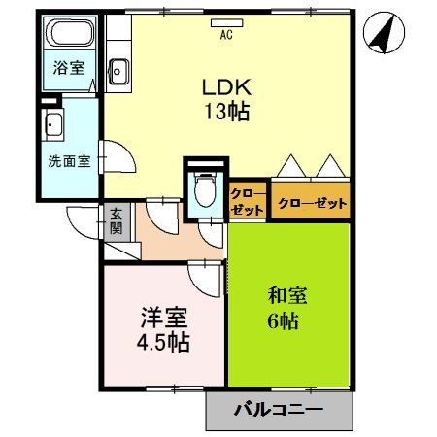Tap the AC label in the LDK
tap(226, 36)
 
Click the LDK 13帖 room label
tap(225, 97)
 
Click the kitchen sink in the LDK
tap(119, 70)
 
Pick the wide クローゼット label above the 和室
tap(312, 204)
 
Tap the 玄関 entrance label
tap(116, 222)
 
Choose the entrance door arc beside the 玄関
tap(83, 221)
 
